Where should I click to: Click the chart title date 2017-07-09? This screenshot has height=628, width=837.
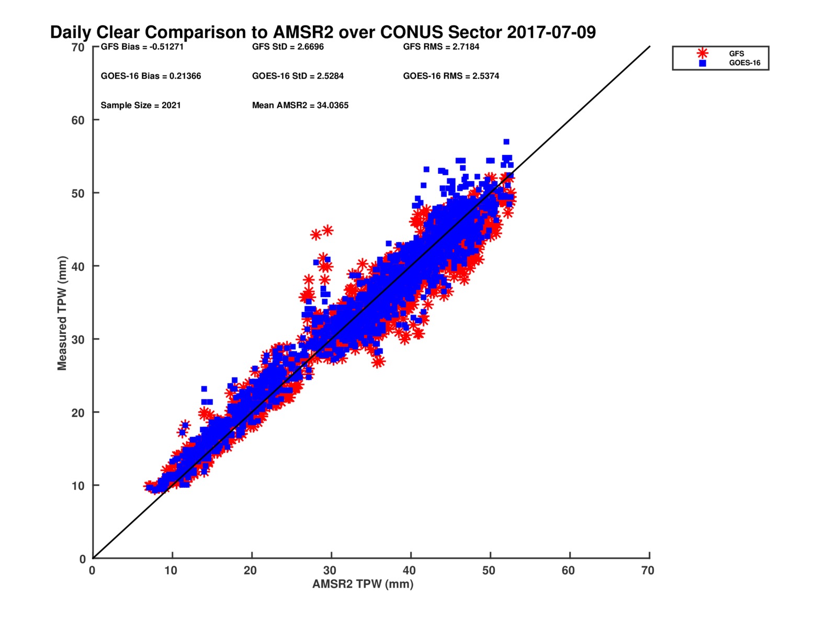click(551, 32)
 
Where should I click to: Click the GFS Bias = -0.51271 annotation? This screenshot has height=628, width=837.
click(142, 47)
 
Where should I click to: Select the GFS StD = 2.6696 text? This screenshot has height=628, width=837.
click(288, 47)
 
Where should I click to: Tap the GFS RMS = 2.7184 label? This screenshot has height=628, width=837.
click(441, 47)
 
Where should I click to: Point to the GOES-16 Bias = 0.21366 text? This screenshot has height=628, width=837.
click(151, 76)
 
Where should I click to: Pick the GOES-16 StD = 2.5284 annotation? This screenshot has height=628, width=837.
click(298, 76)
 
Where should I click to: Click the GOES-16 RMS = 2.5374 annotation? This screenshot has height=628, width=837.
click(451, 76)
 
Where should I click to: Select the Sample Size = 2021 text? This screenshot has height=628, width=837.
click(141, 105)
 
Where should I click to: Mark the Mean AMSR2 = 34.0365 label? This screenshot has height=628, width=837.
click(300, 105)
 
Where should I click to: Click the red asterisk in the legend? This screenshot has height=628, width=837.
click(703, 53)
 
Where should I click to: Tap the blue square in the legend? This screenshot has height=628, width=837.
click(703, 63)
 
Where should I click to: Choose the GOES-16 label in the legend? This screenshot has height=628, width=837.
click(744, 63)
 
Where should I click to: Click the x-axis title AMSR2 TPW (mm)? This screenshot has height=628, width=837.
click(363, 584)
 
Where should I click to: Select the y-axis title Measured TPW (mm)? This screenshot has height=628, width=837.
click(62, 313)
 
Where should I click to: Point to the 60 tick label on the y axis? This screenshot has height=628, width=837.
click(78, 120)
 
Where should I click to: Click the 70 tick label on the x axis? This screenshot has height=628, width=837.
click(648, 570)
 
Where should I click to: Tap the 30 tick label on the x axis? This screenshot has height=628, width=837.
click(330, 570)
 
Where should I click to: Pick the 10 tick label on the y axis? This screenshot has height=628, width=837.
click(78, 486)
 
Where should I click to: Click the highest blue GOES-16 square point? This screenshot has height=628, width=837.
click(506, 142)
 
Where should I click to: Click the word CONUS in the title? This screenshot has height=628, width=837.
click(412, 32)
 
